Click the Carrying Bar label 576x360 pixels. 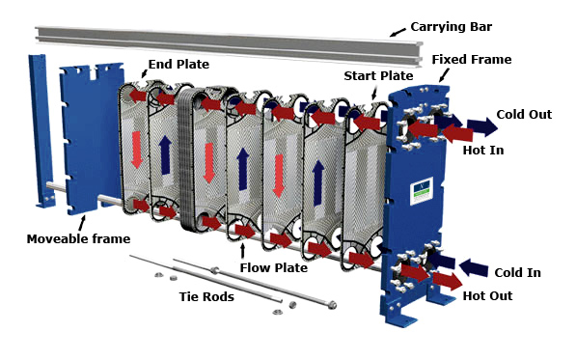pyautogui.click(x=452, y=27)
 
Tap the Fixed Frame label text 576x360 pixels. pyautogui.click(x=472, y=60)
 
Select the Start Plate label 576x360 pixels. pyautogui.click(x=378, y=76)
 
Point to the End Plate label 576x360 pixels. pyautogui.click(x=178, y=65)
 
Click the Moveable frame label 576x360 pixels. pyautogui.click(x=78, y=239)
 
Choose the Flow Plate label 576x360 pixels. pyautogui.click(x=274, y=267)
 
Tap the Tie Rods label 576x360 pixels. pyautogui.click(x=206, y=297)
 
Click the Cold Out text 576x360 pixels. pyautogui.click(x=524, y=115)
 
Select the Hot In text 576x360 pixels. pyautogui.click(x=483, y=151)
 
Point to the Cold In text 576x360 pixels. pyautogui.click(x=517, y=273)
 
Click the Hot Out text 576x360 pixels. pyautogui.click(x=487, y=296)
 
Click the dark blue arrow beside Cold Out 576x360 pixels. pyautogui.click(x=482, y=126)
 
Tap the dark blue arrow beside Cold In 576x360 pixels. pyautogui.click(x=474, y=267)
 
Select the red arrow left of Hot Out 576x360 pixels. pyautogui.click(x=448, y=281)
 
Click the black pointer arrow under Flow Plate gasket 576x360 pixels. pyautogui.click(x=242, y=251)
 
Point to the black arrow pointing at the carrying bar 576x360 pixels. pyautogui.click(x=398, y=32)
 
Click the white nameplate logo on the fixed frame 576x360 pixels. pyautogui.click(x=422, y=190)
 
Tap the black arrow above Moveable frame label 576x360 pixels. pyautogui.click(x=82, y=223)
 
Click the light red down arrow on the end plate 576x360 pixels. pyautogui.click(x=137, y=150)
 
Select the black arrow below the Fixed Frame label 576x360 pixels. pyautogui.click(x=444, y=75)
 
